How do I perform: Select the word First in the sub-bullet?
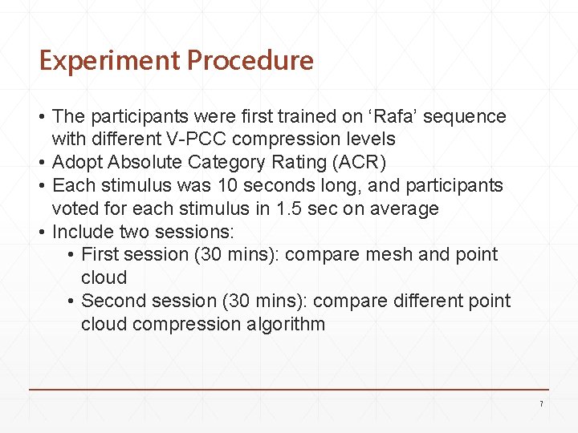(100, 255)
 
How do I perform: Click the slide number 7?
(541, 403)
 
